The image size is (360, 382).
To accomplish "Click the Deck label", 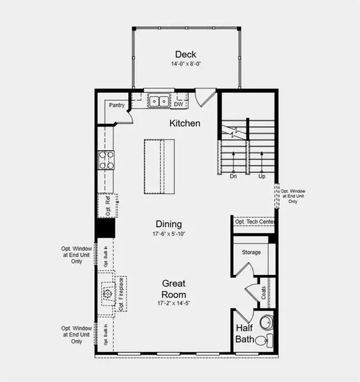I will click(x=185, y=54).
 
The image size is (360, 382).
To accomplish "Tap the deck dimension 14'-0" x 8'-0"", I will click(x=185, y=64).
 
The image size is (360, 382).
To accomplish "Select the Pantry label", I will click(x=116, y=105).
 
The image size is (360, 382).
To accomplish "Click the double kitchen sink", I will click(x=157, y=100).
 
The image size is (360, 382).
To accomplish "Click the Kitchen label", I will click(x=185, y=123).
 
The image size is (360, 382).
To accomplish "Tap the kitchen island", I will click(x=157, y=167).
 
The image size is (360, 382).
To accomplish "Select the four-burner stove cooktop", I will click(x=105, y=159).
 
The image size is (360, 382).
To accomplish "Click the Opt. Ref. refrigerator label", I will click(x=106, y=205).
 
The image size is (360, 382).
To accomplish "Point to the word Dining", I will click(x=169, y=224).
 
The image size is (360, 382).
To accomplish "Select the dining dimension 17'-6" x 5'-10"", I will click(x=169, y=234).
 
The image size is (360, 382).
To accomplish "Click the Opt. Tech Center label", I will click(x=254, y=222).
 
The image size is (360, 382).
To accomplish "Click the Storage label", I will click(x=251, y=253).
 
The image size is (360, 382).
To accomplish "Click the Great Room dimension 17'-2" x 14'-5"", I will click(x=173, y=304).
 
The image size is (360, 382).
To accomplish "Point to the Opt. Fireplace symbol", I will click(x=106, y=294).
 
